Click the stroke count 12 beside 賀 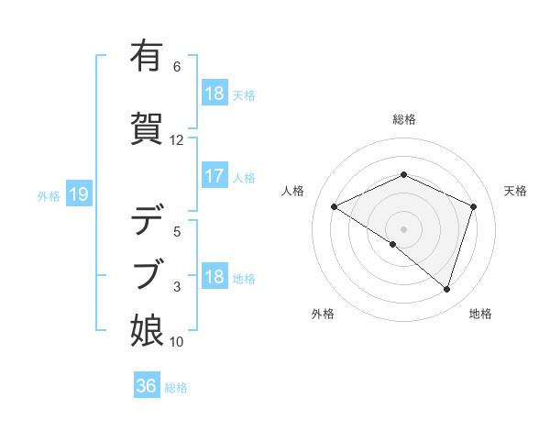click(x=177, y=140)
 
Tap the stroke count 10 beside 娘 click(x=177, y=342)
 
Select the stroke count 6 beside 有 click(x=177, y=67)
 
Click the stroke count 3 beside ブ click(x=177, y=287)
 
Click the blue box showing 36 click(x=147, y=386)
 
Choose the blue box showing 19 click(x=78, y=193)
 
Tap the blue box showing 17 click(x=214, y=176)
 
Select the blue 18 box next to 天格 click(x=214, y=94)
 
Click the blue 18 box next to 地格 click(x=214, y=277)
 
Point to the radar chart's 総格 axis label click(x=403, y=119)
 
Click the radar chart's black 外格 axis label click(x=323, y=314)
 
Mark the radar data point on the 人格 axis click(x=335, y=207)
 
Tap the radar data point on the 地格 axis click(x=446, y=290)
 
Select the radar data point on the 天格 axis click(x=473, y=206)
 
